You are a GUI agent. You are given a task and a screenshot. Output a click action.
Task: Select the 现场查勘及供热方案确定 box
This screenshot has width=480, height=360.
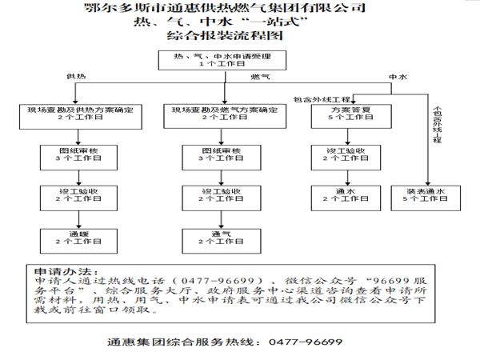[79, 113]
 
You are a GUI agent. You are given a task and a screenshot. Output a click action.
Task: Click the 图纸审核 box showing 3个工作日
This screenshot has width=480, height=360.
[79, 154]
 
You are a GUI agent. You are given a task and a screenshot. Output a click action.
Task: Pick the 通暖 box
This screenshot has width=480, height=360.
[79, 236]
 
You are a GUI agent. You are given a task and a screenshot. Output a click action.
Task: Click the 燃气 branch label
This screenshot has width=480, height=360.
[261, 75]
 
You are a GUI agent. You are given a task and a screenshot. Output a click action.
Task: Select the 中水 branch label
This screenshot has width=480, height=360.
[398, 75]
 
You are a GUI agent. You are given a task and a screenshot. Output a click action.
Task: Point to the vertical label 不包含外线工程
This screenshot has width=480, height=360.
[437, 126]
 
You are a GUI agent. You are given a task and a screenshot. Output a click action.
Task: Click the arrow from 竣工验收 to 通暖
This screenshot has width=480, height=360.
[79, 216]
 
